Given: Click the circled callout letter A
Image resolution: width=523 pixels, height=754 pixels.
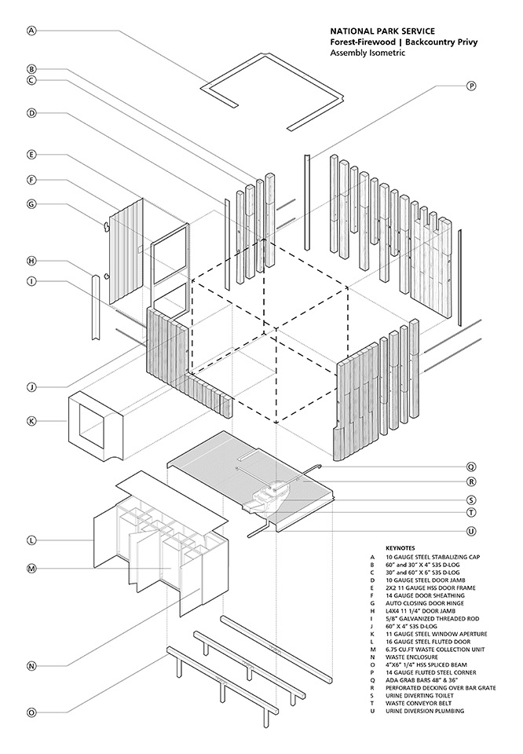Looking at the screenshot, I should coord(31,31).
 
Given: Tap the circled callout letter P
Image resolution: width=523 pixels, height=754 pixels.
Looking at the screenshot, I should coord(471,86).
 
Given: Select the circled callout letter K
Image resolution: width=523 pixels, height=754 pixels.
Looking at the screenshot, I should coord(31,421).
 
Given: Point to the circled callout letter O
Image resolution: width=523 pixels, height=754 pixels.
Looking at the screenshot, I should coord(31,712).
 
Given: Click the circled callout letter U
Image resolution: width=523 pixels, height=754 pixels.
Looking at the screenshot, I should coord(471,531).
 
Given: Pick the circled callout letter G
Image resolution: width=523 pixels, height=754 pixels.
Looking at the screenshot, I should coord(31,204).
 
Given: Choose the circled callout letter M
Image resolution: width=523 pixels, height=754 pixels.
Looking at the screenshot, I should coord(31,568).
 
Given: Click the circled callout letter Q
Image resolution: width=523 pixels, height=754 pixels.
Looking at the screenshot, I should coord(471,465).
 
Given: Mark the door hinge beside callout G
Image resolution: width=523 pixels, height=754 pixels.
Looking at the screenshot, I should coord(104,226).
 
